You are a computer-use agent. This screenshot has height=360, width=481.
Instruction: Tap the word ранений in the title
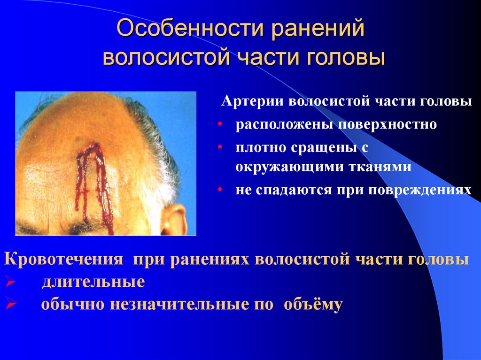coord(317,30)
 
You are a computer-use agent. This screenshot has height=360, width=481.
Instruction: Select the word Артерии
coord(253,102)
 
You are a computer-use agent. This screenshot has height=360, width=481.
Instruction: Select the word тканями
coord(381,168)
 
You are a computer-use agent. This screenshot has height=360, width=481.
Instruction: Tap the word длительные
coord(93,282)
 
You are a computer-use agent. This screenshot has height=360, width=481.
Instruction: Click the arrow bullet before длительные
coord(9,282)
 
